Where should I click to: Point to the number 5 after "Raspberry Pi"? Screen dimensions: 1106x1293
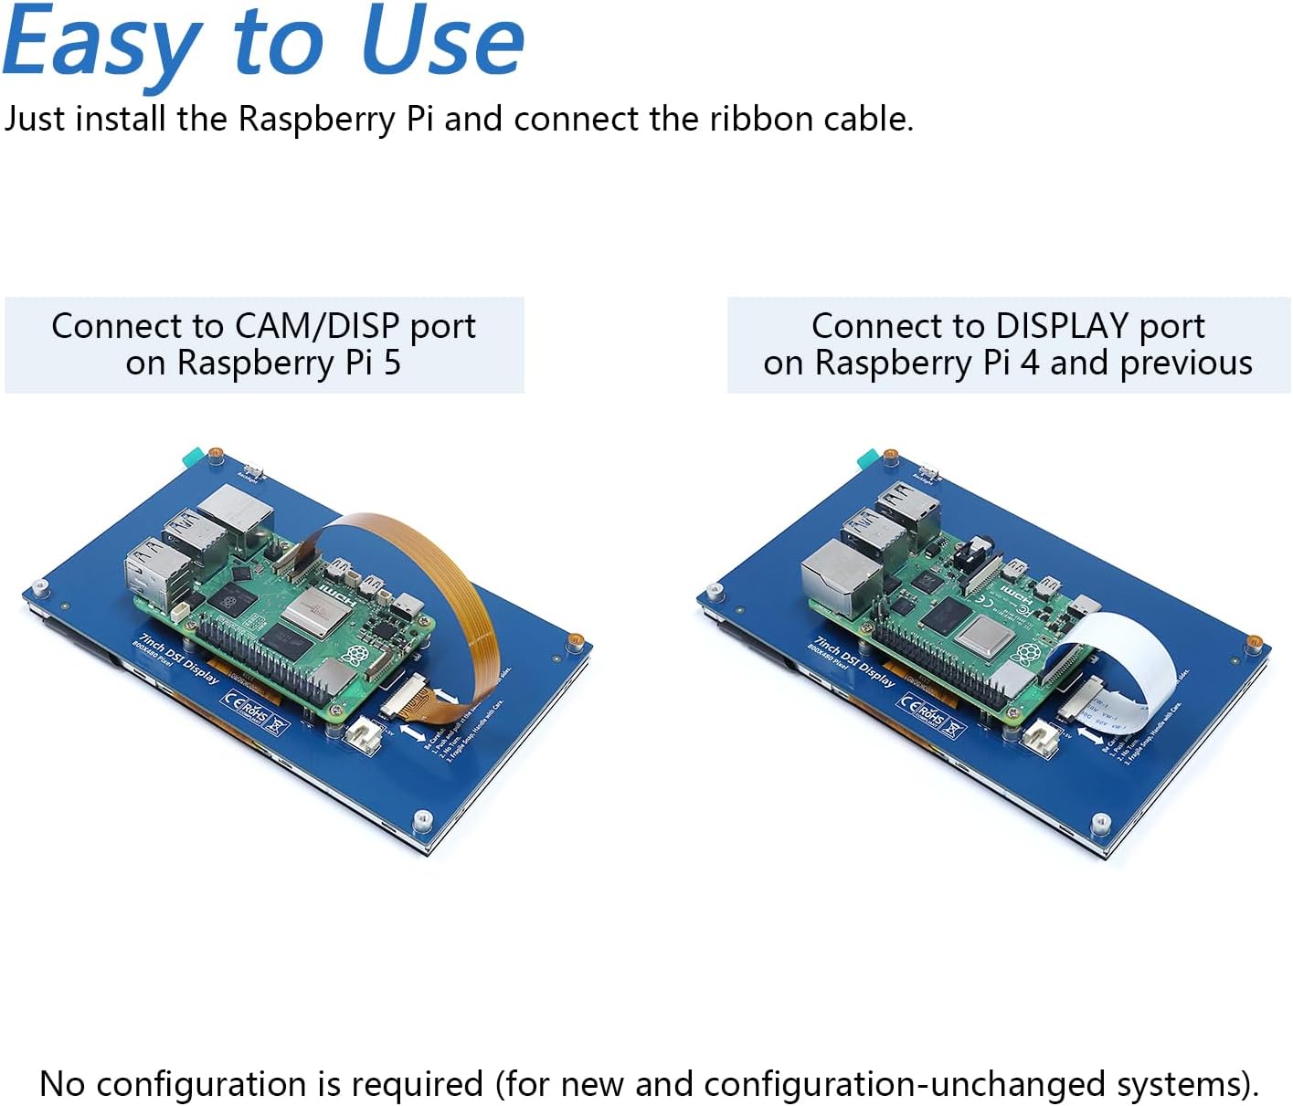pos(392,363)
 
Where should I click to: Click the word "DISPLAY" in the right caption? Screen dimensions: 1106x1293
pos(1062,326)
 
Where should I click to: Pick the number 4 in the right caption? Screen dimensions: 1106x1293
pos(1030,363)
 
